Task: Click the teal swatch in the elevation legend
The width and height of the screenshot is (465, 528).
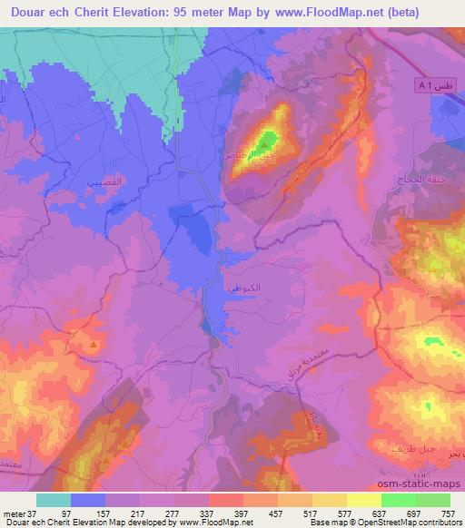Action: coord(54,500)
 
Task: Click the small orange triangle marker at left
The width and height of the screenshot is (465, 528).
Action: coord(92,346)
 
